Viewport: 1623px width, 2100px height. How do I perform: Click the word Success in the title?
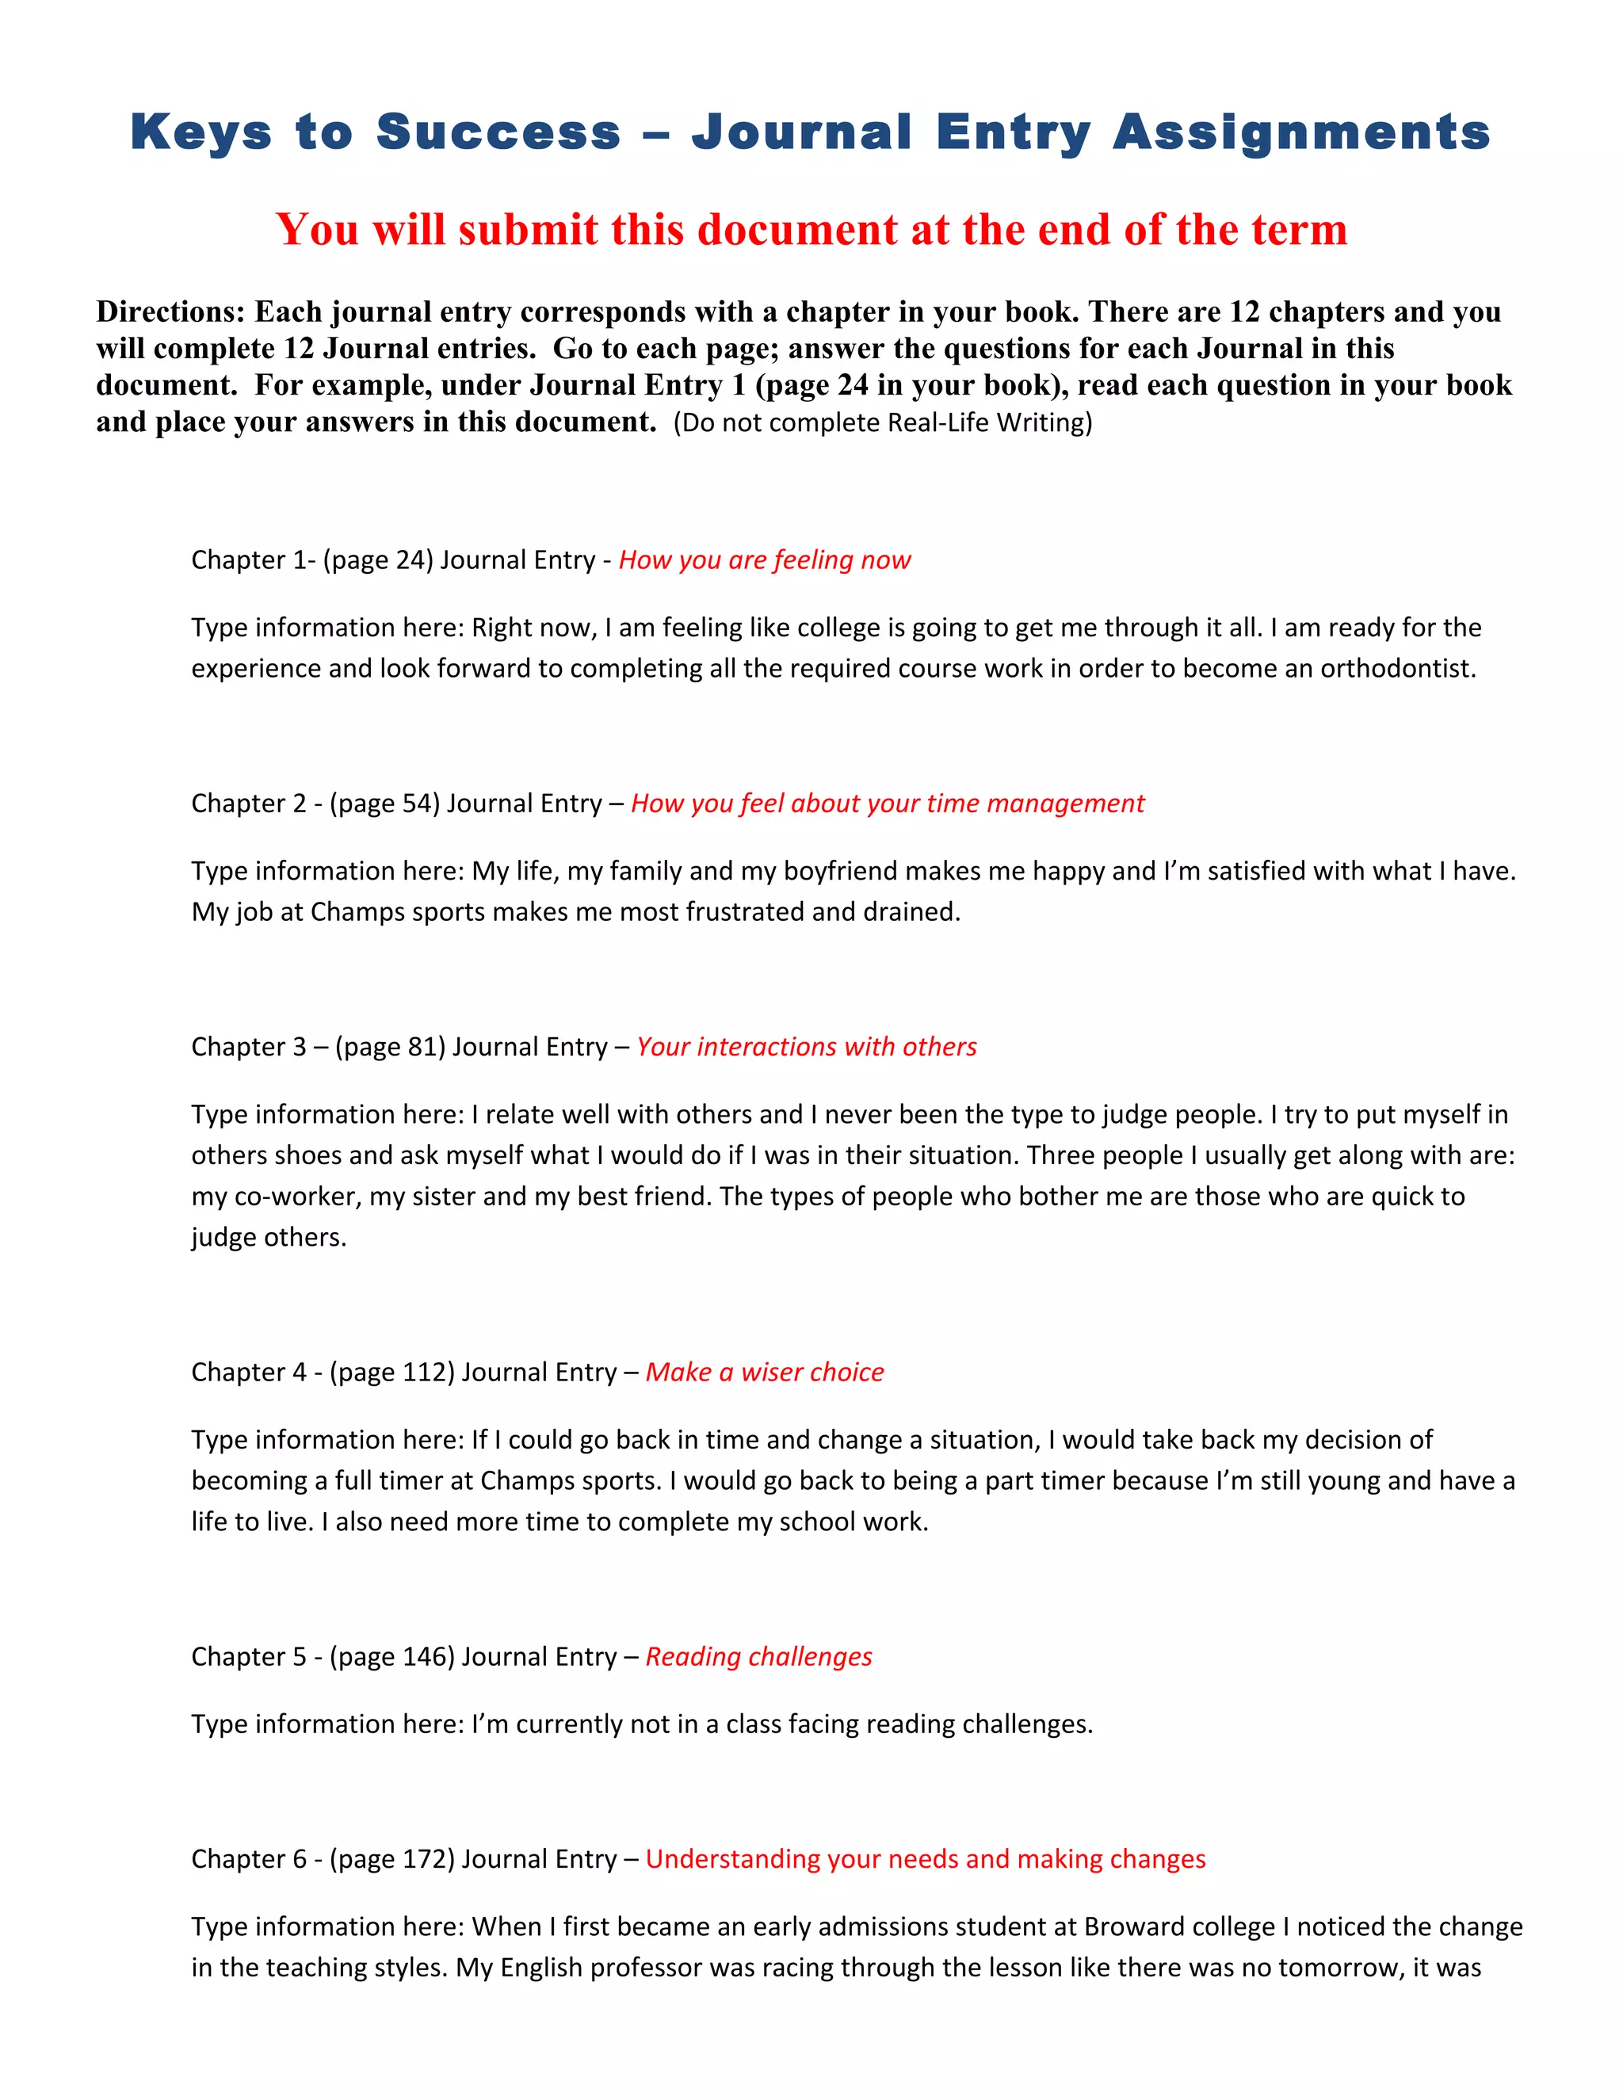498,132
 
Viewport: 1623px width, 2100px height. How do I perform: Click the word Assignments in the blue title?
1301,132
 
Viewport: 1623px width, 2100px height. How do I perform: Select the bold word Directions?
170,311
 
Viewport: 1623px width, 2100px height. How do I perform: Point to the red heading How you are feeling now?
765,559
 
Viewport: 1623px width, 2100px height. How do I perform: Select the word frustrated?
731,911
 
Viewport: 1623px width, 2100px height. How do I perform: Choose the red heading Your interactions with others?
807,1046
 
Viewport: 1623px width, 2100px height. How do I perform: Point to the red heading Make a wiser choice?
765,1372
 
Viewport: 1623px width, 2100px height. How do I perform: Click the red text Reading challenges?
758,1657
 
